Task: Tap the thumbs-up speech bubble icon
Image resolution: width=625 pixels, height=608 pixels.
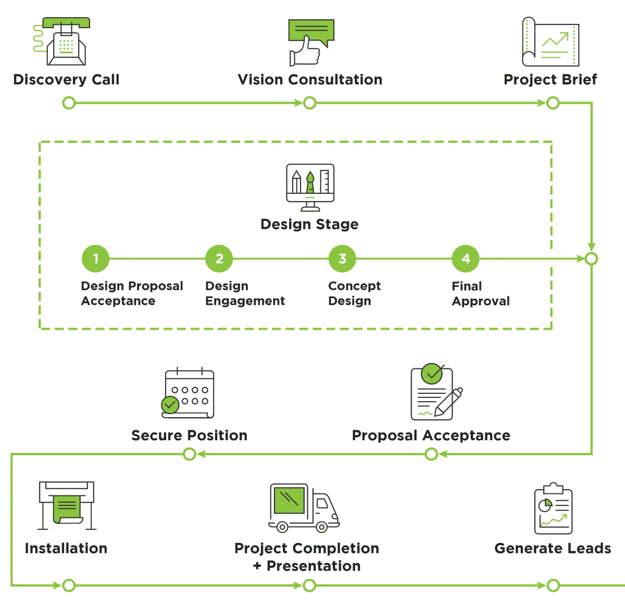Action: pyautogui.click(x=311, y=42)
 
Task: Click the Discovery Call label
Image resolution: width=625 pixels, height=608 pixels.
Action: pyautogui.click(x=66, y=80)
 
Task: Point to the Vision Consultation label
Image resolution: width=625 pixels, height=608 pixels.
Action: pyautogui.click(x=310, y=80)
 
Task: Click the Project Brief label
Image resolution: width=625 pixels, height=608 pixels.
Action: pyautogui.click(x=551, y=80)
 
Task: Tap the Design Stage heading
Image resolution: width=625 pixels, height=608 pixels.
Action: pyautogui.click(x=309, y=225)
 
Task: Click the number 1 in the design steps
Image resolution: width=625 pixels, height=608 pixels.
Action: pyautogui.click(x=96, y=258)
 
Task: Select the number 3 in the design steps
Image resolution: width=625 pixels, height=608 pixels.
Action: pyautogui.click(x=342, y=258)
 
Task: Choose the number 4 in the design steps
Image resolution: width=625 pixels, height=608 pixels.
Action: pyautogui.click(x=466, y=258)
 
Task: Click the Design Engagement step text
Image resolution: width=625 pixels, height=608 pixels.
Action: pyautogui.click(x=245, y=294)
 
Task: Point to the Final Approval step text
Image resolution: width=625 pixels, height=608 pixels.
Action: pyautogui.click(x=481, y=294)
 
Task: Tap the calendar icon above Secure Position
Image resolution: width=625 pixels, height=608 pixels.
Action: pyautogui.click(x=188, y=393)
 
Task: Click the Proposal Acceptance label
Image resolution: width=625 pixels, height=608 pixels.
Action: pyautogui.click(x=431, y=436)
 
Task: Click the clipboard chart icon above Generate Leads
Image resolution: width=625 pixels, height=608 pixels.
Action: pyautogui.click(x=554, y=511)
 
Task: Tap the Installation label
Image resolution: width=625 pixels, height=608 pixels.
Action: pyautogui.click(x=66, y=548)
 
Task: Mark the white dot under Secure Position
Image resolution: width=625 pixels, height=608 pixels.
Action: pyautogui.click(x=190, y=454)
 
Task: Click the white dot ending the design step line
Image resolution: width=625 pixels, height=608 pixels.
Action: pyautogui.click(x=591, y=258)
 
